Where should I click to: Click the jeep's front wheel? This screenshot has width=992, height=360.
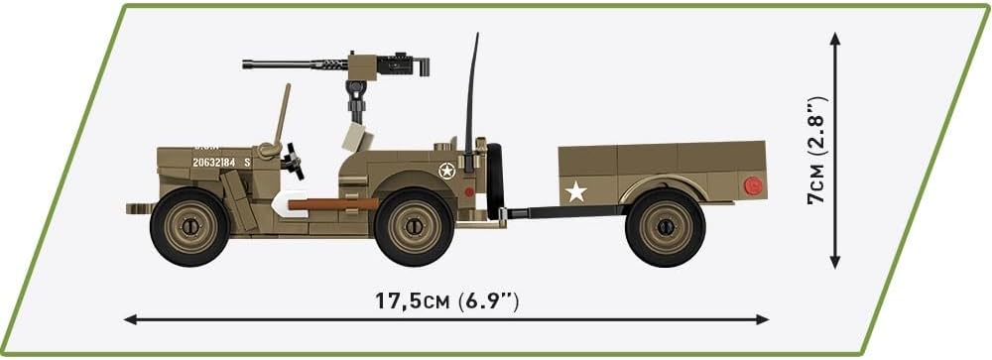point(189,226)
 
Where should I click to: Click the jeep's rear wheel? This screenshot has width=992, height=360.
point(416,226)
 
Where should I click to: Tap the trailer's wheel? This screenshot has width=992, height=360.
point(665,227)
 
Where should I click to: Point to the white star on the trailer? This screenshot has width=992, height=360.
point(574,190)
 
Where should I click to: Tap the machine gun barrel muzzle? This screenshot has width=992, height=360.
point(247,64)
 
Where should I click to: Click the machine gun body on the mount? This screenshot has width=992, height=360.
point(397,65)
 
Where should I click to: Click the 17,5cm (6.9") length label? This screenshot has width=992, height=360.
point(445,299)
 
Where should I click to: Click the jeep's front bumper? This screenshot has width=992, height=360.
point(139,208)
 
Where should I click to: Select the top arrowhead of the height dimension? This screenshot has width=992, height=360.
point(835,39)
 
